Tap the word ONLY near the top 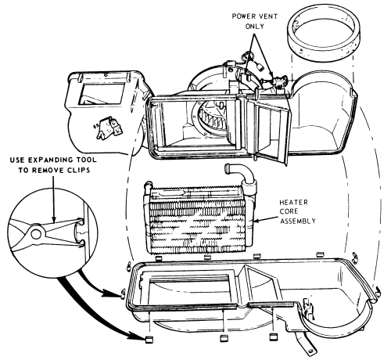coord(255,27)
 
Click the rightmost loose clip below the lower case coord(273,338)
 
